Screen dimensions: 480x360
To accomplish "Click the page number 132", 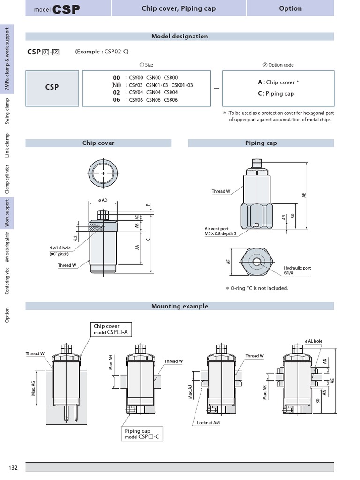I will pos(13,468).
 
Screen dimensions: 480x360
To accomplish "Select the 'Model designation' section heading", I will pos(180,36).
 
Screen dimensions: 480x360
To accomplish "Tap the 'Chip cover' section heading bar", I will pos(98,143).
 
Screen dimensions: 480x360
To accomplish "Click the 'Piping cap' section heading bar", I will pos(261,143).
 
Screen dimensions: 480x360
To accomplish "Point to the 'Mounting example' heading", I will pos(180,306).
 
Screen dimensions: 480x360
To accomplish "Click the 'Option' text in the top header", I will pos(290,8).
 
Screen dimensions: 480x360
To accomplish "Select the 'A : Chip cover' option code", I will pos(278,82).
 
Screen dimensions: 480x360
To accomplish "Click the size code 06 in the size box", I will pos(116,100).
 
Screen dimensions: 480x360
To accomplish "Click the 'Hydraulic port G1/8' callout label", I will pos(297,270).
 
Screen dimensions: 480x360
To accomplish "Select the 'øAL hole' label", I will pos(314,341).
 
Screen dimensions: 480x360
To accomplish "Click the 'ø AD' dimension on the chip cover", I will pos(103,200).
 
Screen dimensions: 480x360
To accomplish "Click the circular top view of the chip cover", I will pos(103,173).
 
